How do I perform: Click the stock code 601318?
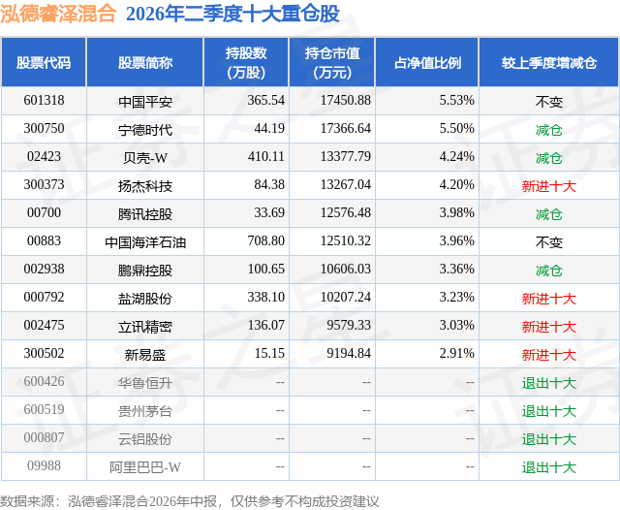click(44, 100)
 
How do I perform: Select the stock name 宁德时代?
click(145, 129)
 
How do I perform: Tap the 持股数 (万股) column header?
click(246, 62)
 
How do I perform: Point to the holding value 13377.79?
click(346, 156)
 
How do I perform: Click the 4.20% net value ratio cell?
click(456, 184)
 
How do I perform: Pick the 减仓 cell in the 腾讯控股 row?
click(549, 214)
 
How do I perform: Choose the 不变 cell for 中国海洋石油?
click(549, 242)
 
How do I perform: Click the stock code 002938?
click(44, 269)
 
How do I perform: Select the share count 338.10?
click(266, 297)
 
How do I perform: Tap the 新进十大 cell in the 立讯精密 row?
click(549, 327)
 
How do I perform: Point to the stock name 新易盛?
click(145, 355)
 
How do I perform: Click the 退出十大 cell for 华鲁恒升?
click(549, 383)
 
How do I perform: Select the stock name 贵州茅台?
click(145, 411)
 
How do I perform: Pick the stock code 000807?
click(44, 437)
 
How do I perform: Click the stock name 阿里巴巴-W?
click(145, 467)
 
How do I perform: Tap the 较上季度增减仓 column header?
click(549, 62)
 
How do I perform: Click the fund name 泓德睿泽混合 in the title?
click(58, 14)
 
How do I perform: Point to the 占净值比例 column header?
click(427, 62)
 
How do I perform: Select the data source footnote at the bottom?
click(190, 501)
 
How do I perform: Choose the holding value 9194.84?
click(349, 353)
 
